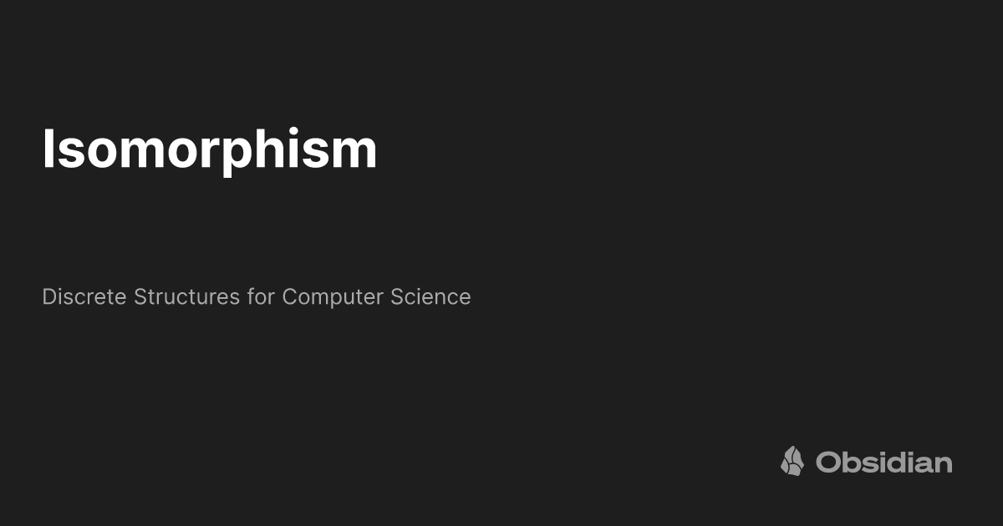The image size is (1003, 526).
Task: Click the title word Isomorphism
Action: pyautogui.click(x=209, y=150)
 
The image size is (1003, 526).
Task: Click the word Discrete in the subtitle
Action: pyautogui.click(x=84, y=296)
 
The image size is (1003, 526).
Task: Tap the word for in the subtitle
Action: pyautogui.click(x=261, y=296)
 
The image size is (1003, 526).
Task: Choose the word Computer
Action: pyautogui.click(x=333, y=297)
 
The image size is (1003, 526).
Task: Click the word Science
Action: pyautogui.click(x=430, y=296)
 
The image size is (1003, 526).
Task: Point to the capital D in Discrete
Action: pyautogui.click(x=48, y=296)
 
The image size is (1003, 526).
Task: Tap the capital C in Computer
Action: pyautogui.click(x=289, y=296)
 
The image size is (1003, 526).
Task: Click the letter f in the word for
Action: pyautogui.click(x=250, y=296)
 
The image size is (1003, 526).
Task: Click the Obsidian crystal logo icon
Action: pyautogui.click(x=792, y=461)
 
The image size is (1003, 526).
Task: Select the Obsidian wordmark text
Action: pyautogui.click(x=884, y=462)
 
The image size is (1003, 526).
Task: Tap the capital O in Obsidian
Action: pyautogui.click(x=827, y=462)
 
